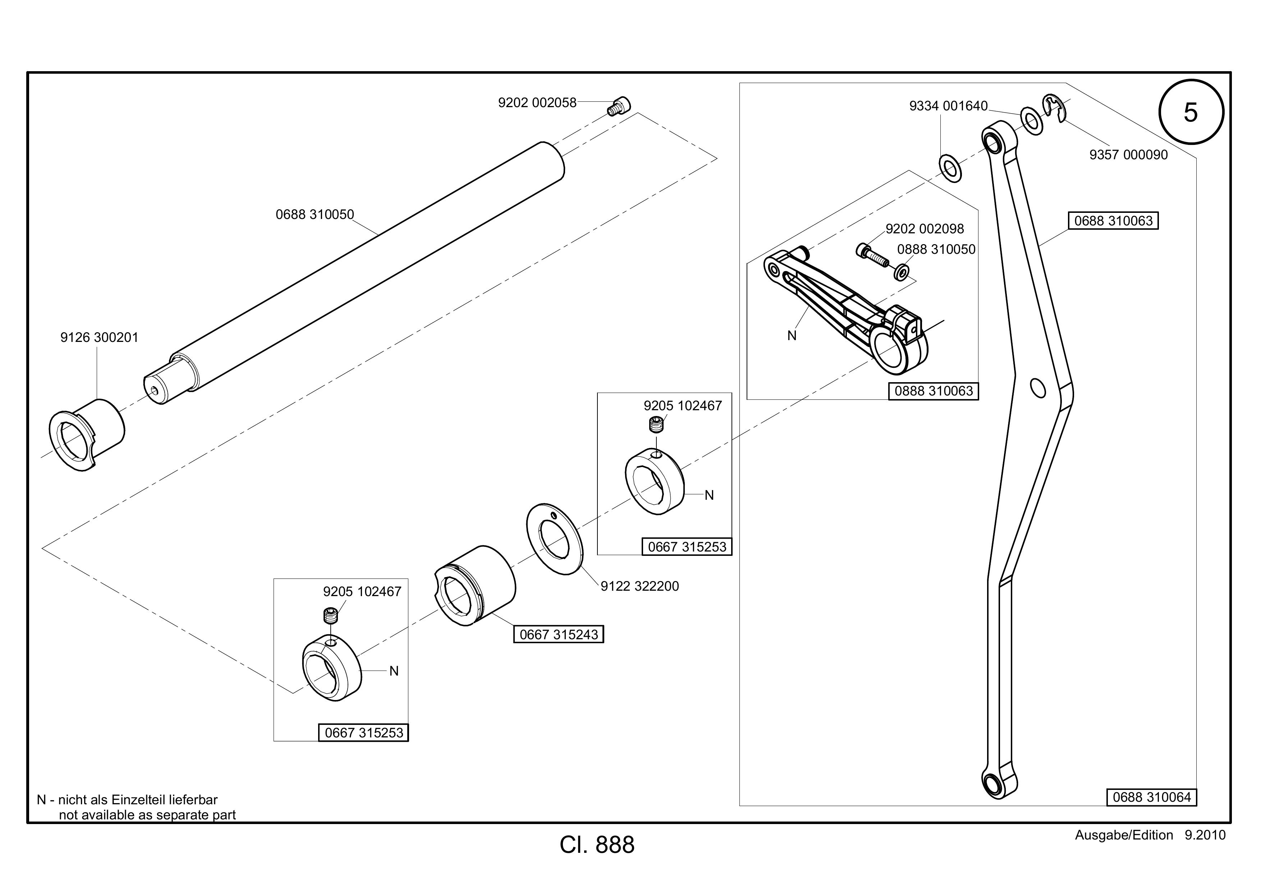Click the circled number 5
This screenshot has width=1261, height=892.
click(x=1191, y=112)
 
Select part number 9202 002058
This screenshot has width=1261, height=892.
click(x=537, y=103)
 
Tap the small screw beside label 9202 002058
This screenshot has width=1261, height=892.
click(x=619, y=106)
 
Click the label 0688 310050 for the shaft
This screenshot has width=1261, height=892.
click(x=315, y=214)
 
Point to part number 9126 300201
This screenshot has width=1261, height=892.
click(x=100, y=337)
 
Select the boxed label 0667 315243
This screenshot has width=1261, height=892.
click(x=559, y=635)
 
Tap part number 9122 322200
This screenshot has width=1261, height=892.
click(x=640, y=586)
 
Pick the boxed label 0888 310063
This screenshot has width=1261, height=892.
click(x=934, y=391)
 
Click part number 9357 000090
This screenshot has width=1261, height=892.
click(x=1129, y=155)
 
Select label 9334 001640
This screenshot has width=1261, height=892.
click(x=949, y=106)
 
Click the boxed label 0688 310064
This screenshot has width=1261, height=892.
click(x=1152, y=797)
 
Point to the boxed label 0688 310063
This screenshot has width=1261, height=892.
click(x=1113, y=221)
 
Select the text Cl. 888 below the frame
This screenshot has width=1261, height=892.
click(x=597, y=845)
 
